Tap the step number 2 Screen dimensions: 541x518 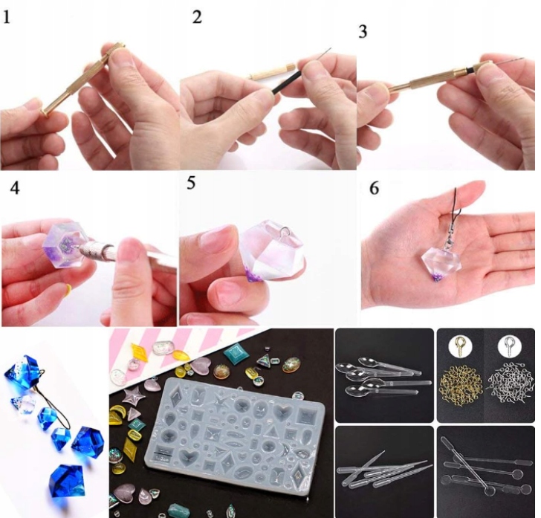pos(197,17)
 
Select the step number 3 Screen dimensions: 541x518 pos(363,32)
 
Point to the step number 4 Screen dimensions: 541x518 pos(15,189)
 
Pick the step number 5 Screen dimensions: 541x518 pos(192,183)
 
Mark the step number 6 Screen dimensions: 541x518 pos(375,189)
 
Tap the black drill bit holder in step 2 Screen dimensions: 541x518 pos(285,82)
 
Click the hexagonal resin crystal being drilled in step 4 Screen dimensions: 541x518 pos(64,245)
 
